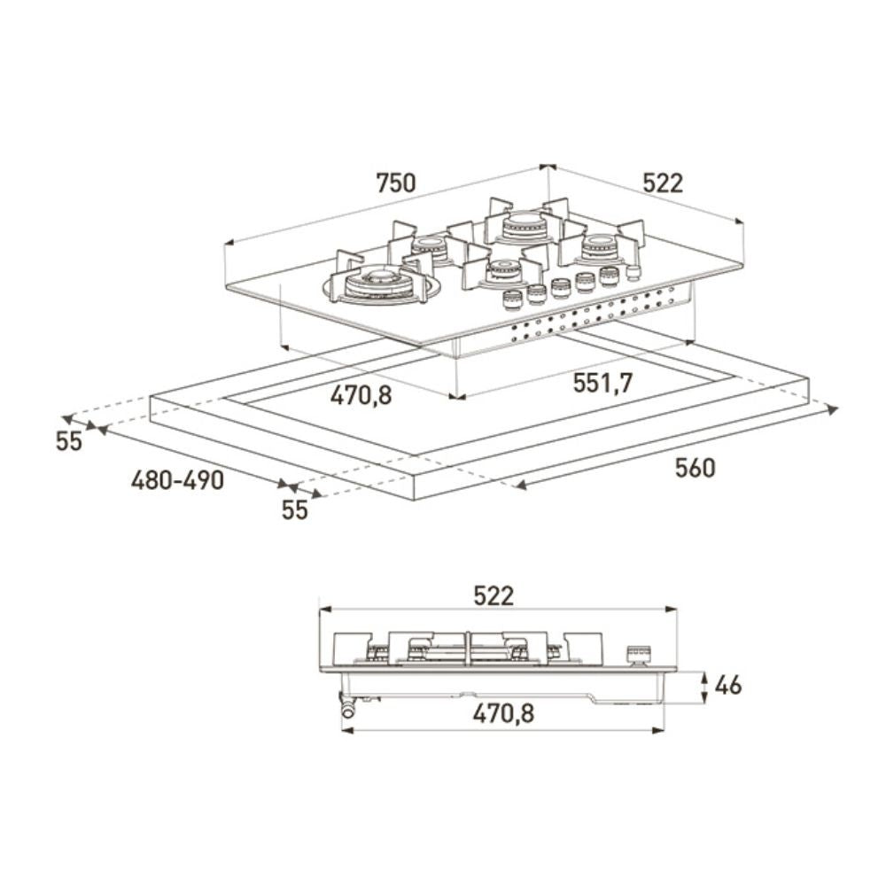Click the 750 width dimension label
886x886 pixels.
[x=395, y=183]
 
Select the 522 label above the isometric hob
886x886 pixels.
[x=663, y=183]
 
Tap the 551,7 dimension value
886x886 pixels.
[x=602, y=384]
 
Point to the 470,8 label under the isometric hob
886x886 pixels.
[x=361, y=395]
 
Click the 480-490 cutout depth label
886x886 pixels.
[x=177, y=480]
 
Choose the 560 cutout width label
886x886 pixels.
[x=695, y=468]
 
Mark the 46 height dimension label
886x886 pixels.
[x=727, y=685]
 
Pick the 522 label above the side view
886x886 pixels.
[x=493, y=596]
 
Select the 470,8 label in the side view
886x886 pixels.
[x=503, y=713]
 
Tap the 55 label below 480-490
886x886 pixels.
[x=294, y=509]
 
